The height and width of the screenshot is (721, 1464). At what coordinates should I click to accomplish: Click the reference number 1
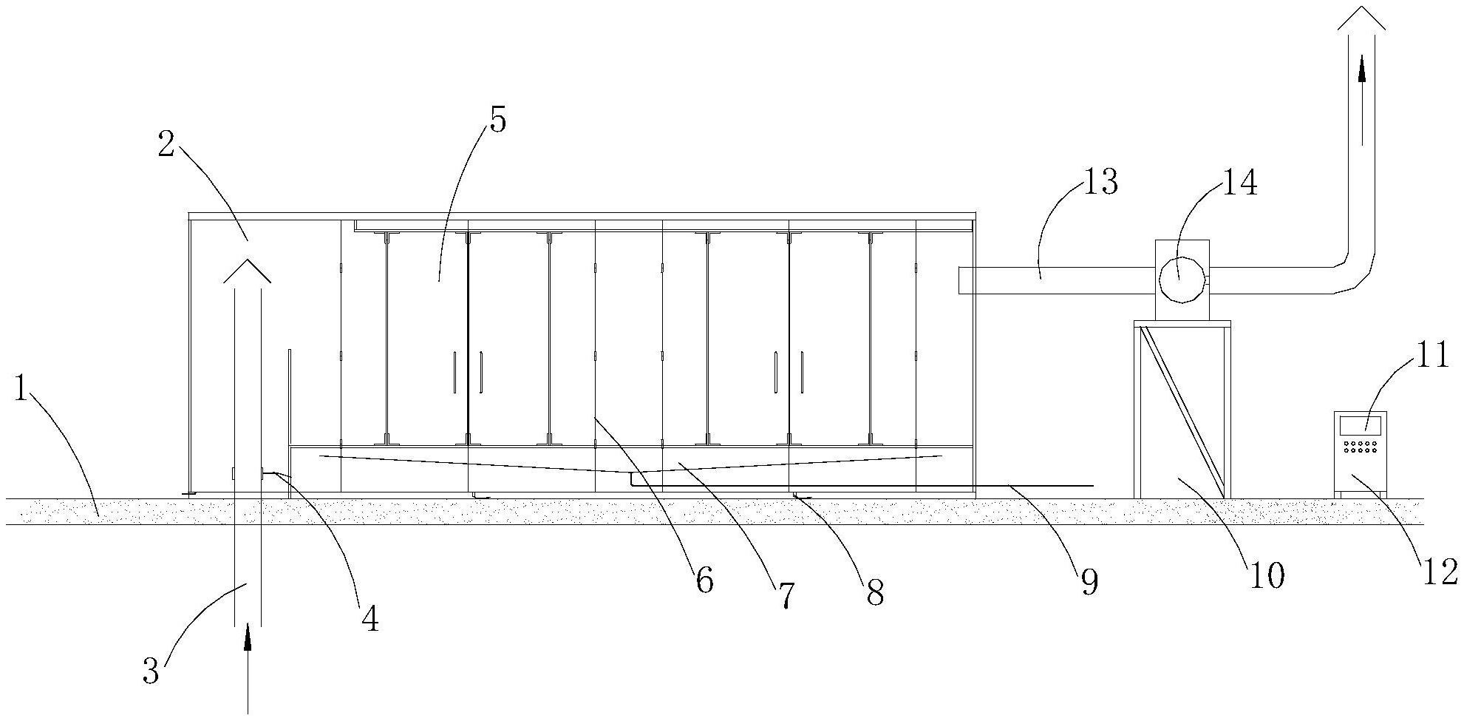pos(21,390)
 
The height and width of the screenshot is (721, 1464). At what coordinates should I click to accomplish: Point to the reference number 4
pos(370,618)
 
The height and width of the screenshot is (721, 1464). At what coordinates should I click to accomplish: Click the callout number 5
pos(497,120)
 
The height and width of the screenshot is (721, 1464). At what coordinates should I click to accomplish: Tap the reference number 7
pos(785,596)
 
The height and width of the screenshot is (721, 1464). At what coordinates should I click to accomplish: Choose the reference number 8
pos(875,592)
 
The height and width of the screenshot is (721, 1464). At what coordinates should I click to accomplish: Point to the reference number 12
pos(1440,571)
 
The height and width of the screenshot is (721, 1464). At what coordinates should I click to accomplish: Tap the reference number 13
pos(1100,182)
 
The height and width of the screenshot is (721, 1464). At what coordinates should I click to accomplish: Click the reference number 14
pos(1239,183)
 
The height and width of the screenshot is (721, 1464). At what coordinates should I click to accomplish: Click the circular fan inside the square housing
pos(1180,280)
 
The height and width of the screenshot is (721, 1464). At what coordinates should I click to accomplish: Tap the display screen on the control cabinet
pos(1361,424)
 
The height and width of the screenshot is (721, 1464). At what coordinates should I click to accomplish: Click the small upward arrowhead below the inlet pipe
pos(248,636)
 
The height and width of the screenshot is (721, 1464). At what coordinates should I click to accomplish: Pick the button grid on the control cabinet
pos(1361,447)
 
